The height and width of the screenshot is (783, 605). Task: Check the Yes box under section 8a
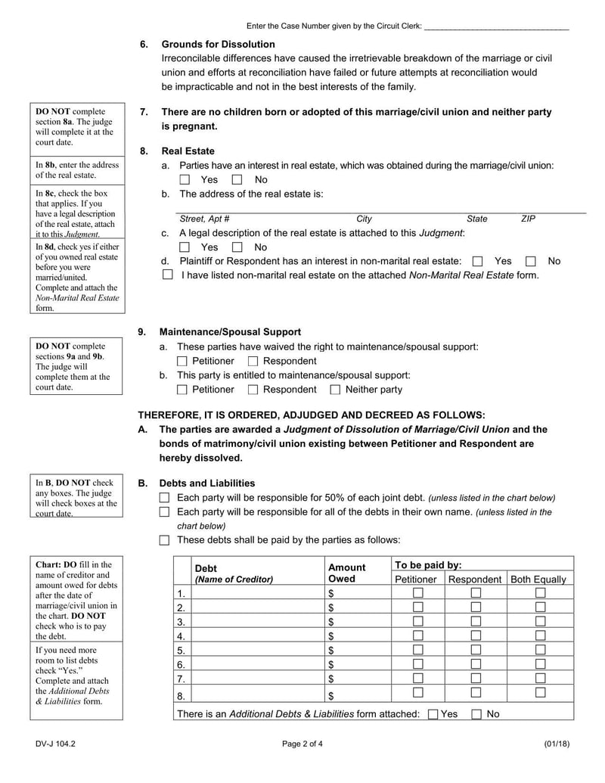185,180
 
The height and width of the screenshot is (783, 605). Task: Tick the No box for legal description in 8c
237,247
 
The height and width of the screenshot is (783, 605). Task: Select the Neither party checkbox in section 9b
335,390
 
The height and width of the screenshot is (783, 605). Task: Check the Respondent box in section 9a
253,361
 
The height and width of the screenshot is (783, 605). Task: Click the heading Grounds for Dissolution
218,45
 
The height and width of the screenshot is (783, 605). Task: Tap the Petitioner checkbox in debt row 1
417,592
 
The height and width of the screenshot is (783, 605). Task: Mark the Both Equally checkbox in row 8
540,692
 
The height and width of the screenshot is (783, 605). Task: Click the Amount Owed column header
346,573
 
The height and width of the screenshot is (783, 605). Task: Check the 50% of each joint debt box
165,498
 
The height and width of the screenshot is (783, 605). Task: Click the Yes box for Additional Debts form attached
433,713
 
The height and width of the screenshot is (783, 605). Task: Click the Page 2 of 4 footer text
302,744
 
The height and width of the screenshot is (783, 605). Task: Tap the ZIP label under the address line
528,219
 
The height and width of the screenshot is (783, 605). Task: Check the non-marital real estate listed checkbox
168,275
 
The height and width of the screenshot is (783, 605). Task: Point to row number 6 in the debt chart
181,664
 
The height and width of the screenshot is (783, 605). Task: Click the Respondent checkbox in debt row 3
476,621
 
